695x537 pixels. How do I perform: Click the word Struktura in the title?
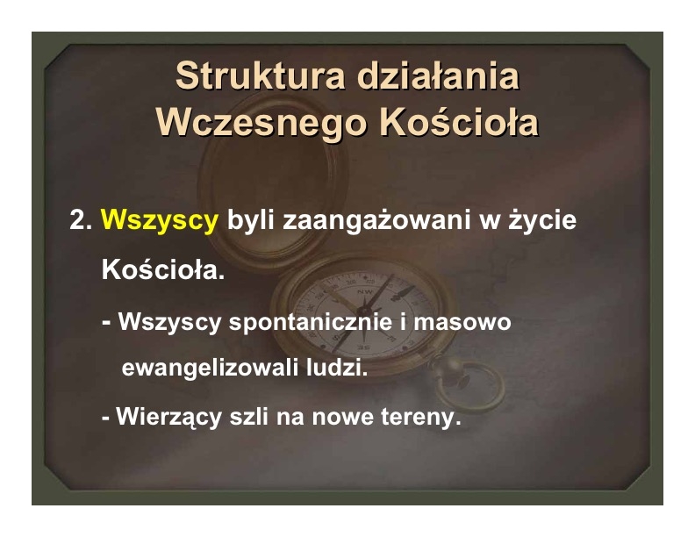pyautogui.click(x=260, y=75)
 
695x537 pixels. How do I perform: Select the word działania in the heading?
pyautogui.click(x=438, y=75)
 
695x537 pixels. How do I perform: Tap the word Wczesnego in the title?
pyautogui.click(x=262, y=123)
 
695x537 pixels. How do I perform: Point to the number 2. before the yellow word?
pyautogui.click(x=81, y=219)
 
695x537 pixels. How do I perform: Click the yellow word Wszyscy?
pyautogui.click(x=160, y=220)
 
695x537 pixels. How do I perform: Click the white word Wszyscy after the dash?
pyautogui.click(x=169, y=323)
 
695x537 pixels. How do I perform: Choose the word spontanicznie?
pyautogui.click(x=311, y=323)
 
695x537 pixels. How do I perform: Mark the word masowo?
pyautogui.click(x=462, y=322)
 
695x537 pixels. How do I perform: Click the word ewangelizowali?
pyautogui.click(x=210, y=368)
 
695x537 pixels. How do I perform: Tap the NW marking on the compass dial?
pyautogui.click(x=365, y=291)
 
